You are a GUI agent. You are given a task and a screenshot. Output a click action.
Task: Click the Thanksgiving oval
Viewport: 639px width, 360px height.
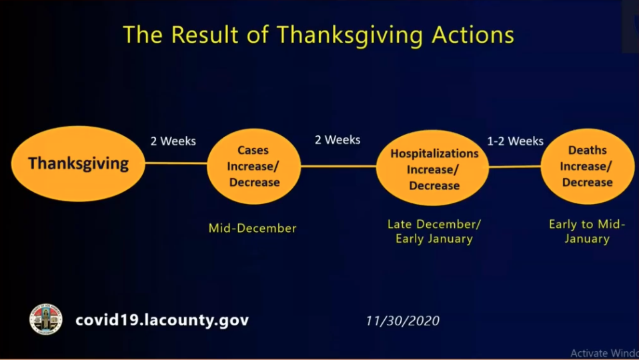tap(78, 164)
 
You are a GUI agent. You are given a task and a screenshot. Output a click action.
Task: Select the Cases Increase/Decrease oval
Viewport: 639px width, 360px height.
tap(254, 166)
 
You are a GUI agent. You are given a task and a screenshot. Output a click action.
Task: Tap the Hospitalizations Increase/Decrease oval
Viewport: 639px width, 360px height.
tap(433, 168)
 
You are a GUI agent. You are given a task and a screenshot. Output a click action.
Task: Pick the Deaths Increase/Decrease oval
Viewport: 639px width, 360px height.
tap(588, 166)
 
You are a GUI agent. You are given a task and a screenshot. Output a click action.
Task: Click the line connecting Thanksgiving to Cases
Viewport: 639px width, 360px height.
tap(176, 163)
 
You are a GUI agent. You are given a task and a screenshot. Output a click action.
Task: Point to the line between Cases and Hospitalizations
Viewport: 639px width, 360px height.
tap(338, 166)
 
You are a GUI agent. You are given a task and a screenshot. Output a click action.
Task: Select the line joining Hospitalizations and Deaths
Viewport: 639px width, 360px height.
tap(515, 167)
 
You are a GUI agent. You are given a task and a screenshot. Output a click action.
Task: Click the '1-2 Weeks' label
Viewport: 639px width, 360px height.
tap(515, 141)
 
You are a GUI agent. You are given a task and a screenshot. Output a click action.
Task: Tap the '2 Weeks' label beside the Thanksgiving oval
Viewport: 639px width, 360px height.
tap(173, 141)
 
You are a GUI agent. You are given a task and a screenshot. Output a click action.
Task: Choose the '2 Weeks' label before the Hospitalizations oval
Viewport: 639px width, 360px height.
tap(338, 140)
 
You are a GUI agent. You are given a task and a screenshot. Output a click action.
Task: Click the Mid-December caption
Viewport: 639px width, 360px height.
tap(252, 228)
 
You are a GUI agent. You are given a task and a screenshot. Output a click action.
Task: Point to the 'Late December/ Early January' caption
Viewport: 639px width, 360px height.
tap(434, 231)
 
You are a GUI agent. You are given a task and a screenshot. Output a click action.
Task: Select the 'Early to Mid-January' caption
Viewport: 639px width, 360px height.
tap(587, 231)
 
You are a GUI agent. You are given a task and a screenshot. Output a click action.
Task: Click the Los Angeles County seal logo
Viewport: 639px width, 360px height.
tap(46, 319)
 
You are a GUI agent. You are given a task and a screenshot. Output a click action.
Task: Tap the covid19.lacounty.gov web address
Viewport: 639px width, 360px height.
tap(162, 320)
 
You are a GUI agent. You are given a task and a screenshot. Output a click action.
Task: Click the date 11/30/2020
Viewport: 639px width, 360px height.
tap(403, 321)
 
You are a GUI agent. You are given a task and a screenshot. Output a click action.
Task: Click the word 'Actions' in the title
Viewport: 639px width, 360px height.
tap(473, 35)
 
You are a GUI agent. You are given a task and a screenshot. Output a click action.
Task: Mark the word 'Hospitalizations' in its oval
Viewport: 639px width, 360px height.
tap(434, 154)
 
